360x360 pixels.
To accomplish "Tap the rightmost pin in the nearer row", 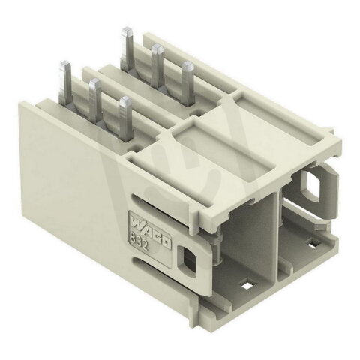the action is [x=125, y=118].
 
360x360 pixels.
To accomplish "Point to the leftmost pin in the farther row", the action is [x=127, y=49].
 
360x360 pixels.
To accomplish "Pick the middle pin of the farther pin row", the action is [x=157, y=66].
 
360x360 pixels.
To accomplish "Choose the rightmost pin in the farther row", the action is [x=187, y=83].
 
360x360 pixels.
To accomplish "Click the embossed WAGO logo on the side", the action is [x=149, y=230].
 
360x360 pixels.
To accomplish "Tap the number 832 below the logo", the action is [x=138, y=241].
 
